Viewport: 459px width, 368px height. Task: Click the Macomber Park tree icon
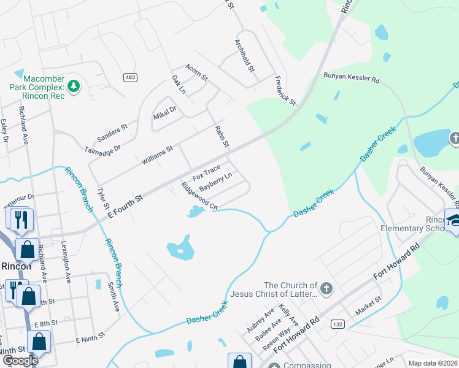pyautogui.click(x=74, y=86)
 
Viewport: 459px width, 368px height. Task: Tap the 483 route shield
pyautogui.click(x=130, y=77)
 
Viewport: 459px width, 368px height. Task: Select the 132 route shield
pyautogui.click(x=337, y=323)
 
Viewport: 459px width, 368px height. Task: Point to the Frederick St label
pyautogui.click(x=285, y=90)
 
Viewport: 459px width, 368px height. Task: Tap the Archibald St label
pyautogui.click(x=244, y=56)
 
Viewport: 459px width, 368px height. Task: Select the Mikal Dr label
pyautogui.click(x=164, y=112)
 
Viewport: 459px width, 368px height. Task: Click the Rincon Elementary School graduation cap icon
pyautogui.click(x=455, y=221)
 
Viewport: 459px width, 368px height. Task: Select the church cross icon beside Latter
pyautogui.click(x=326, y=288)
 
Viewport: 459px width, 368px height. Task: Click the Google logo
pyautogui.click(x=20, y=361)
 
